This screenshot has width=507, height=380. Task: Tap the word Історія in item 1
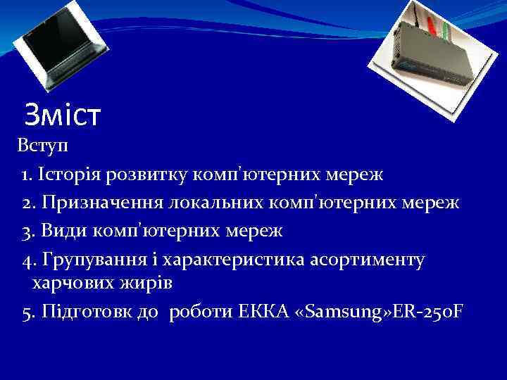click(x=70, y=174)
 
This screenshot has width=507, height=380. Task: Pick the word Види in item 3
click(x=61, y=230)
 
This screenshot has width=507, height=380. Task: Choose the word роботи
click(x=201, y=312)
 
